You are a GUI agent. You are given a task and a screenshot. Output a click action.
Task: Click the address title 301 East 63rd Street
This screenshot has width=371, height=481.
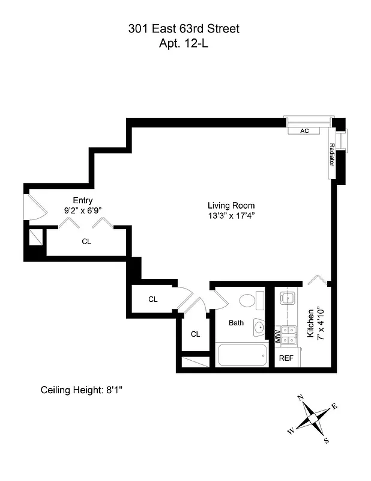(x=185, y=28)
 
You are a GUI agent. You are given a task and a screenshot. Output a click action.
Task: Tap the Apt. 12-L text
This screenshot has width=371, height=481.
(x=185, y=43)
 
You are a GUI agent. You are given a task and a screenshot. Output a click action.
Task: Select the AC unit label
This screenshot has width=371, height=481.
(x=304, y=130)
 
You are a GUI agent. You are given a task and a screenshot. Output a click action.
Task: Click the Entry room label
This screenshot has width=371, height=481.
(x=82, y=200)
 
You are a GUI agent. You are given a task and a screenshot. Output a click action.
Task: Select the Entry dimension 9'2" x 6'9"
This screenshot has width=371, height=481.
(x=82, y=210)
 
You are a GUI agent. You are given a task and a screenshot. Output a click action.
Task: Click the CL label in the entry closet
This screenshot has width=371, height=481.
(x=86, y=241)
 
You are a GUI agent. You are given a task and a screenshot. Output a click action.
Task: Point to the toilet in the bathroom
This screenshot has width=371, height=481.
(x=250, y=300)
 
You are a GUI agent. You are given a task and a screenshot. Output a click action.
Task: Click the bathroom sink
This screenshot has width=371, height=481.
(x=259, y=328)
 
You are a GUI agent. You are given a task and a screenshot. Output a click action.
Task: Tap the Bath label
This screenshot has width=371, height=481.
(x=237, y=323)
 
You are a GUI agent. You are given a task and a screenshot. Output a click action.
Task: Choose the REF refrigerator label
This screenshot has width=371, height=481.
(x=286, y=358)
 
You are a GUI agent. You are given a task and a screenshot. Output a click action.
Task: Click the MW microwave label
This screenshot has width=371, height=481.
(x=277, y=335)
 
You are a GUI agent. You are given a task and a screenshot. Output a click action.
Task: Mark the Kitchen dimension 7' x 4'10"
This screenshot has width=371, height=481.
(x=321, y=325)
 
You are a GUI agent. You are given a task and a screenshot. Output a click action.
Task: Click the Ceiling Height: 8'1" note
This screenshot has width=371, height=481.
(x=81, y=390)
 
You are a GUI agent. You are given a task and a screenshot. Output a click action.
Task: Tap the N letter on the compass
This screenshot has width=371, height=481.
(x=300, y=399)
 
